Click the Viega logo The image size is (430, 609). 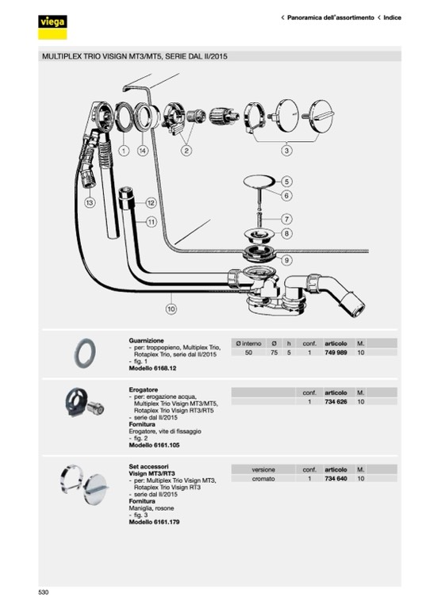[52, 27]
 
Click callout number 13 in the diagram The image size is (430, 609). [90, 202]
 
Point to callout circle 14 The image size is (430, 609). [143, 151]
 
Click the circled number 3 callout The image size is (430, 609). [286, 151]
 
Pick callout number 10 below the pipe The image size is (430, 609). [171, 308]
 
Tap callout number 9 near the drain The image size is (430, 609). [286, 260]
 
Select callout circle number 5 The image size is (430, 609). [286, 182]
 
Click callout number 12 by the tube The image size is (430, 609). [151, 203]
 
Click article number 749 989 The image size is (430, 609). [336, 353]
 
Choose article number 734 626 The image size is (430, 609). [336, 401]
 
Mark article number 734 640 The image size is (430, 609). [336, 478]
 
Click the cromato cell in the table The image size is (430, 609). [263, 478]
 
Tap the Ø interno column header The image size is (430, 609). [248, 343]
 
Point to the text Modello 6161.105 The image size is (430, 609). [154, 445]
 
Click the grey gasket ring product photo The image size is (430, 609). [85, 353]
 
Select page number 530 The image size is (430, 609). [44, 592]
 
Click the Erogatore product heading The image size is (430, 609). [144, 389]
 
